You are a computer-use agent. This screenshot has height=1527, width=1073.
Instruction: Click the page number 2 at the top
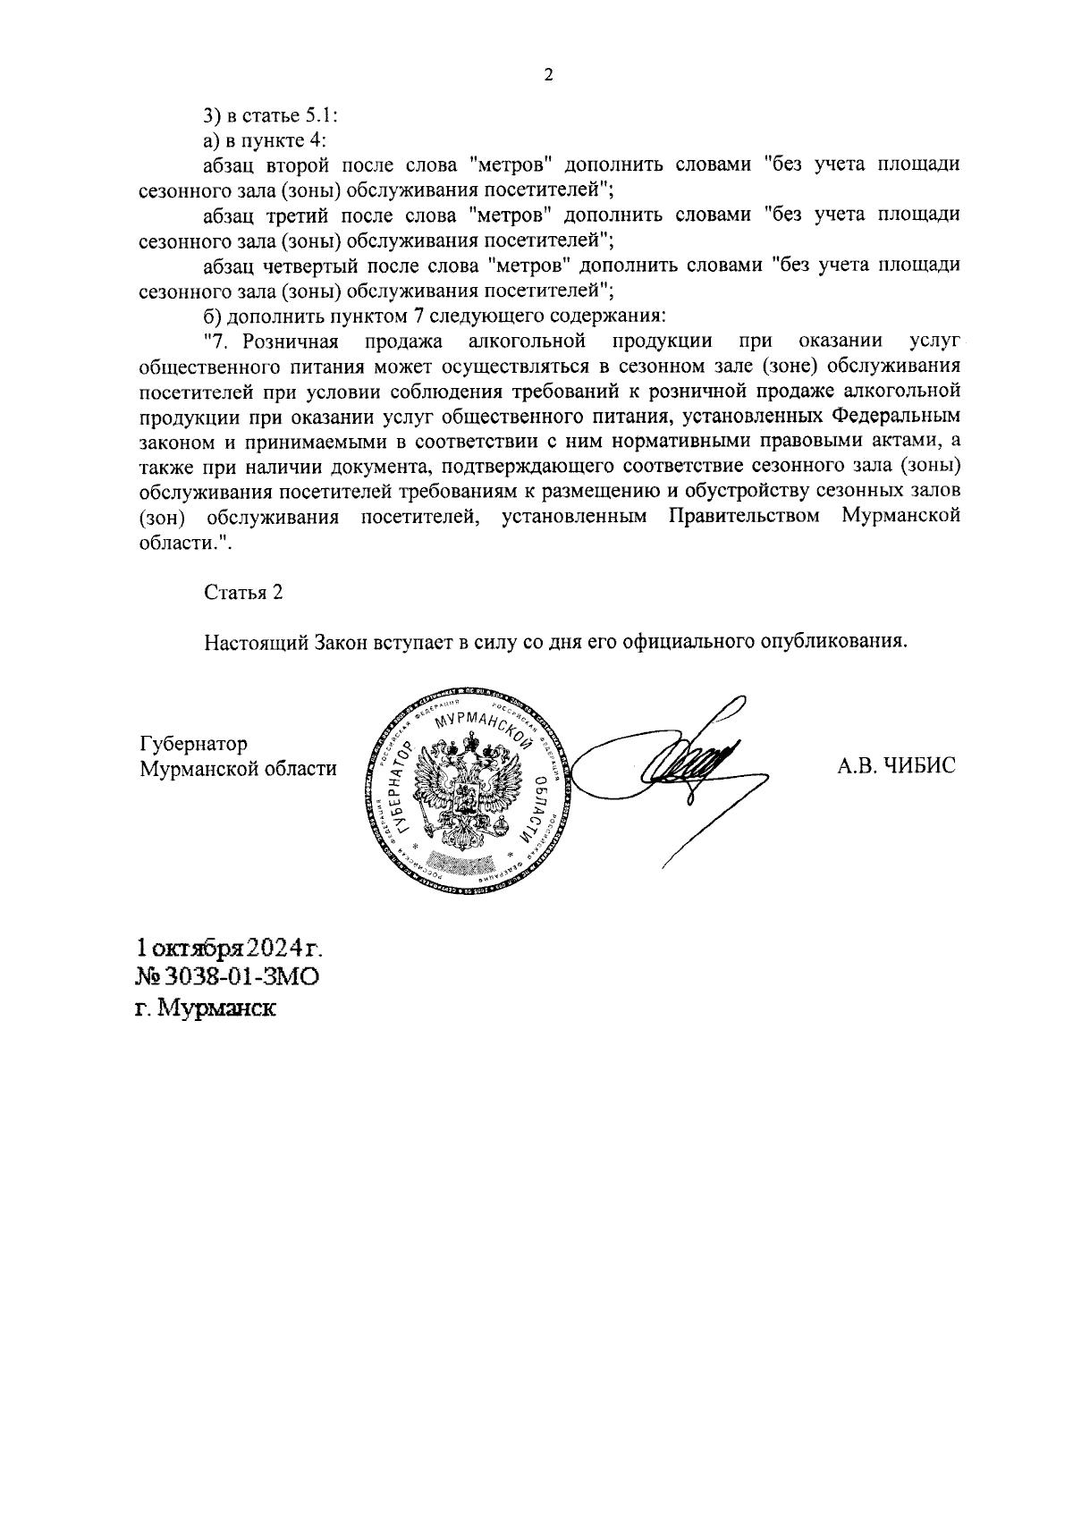(x=548, y=76)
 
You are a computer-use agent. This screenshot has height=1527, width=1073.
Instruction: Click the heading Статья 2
(x=243, y=593)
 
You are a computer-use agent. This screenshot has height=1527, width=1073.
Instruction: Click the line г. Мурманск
(x=205, y=1008)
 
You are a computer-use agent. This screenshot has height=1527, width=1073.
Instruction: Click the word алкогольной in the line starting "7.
(x=527, y=341)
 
